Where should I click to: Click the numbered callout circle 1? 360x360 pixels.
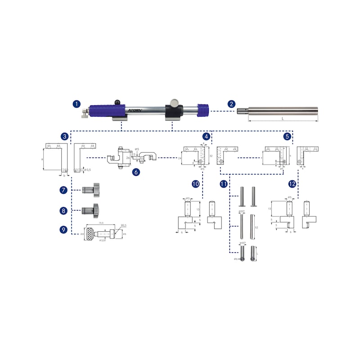(76, 104)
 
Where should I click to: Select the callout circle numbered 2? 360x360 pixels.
(231, 104)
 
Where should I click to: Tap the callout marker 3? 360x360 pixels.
(65, 136)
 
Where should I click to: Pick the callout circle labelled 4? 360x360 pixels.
(206, 136)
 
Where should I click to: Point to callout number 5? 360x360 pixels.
(287, 136)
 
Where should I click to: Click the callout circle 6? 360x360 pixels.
(136, 171)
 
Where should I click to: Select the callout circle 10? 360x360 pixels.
(195, 184)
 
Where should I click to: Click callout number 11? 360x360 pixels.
(224, 184)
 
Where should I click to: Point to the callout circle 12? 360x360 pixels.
(293, 184)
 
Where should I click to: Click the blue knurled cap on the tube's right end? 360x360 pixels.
(203, 109)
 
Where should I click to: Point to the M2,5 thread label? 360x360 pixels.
(124, 225)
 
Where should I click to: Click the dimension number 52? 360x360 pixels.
(256, 228)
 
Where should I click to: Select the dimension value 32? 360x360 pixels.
(211, 155)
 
